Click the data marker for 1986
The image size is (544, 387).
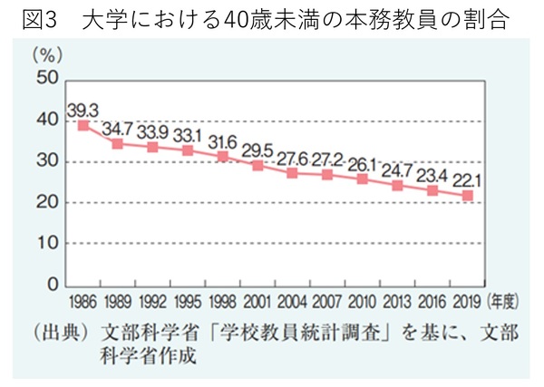tap(83, 125)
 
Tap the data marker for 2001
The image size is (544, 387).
tap(258, 166)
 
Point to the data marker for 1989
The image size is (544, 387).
tap(118, 143)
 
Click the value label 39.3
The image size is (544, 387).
tap(83, 110)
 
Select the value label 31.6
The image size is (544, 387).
tap(223, 141)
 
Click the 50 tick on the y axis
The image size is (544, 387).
tap(48, 79)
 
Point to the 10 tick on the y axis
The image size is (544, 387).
tap(48, 244)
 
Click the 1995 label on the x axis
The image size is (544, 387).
tap(188, 302)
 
